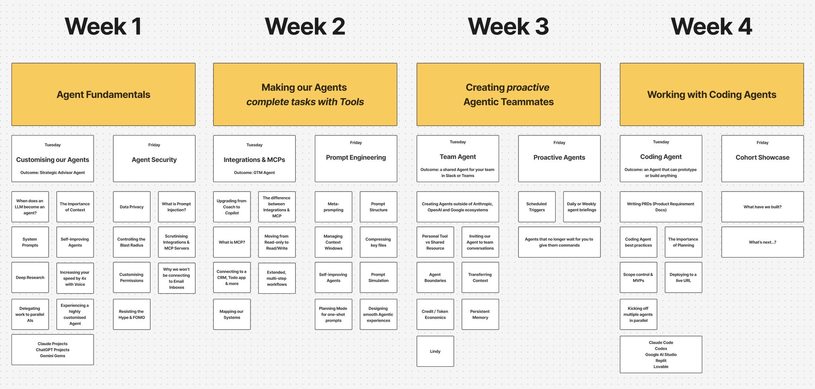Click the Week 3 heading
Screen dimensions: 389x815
[508, 27]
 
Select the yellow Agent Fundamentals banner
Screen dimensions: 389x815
[103, 95]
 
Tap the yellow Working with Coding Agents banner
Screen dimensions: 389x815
[712, 95]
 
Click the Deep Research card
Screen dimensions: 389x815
[30, 278]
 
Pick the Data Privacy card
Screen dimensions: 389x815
[132, 207]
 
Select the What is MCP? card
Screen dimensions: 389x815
[232, 242]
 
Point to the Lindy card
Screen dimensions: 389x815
[435, 352]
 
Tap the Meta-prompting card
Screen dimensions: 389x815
[333, 207]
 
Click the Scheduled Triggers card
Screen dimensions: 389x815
[537, 207]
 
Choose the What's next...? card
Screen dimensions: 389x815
[762, 242]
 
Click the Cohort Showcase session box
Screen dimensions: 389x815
[762, 159]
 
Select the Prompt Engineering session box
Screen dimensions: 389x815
[356, 159]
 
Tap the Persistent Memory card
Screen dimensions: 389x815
[480, 315]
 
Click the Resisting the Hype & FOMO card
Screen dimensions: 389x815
[132, 315]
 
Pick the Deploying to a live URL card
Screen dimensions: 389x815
[683, 278]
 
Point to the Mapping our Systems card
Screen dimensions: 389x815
[232, 315]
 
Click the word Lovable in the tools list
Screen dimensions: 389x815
[661, 367]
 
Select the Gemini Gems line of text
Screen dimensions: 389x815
[53, 356]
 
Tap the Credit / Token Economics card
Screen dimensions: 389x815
[435, 315]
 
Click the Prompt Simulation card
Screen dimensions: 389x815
[378, 278]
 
